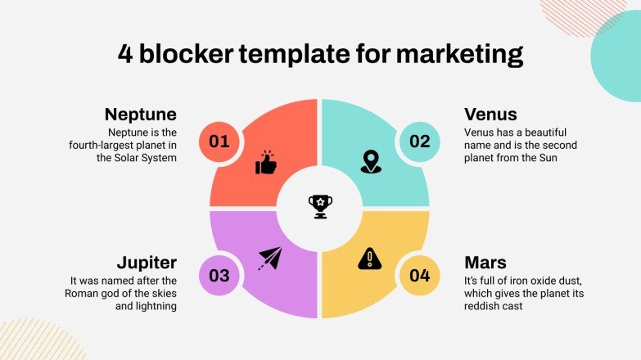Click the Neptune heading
coord(140,114)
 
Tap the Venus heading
coord(491,114)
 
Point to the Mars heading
coord(485,262)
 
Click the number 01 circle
coord(219,142)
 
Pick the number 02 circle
coord(420,142)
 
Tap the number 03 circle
coord(219,275)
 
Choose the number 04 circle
coord(420,275)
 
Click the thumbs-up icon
coord(267,162)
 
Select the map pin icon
coord(371,162)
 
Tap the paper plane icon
coord(269,259)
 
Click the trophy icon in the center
coord(320,206)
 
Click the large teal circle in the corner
coord(621,51)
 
